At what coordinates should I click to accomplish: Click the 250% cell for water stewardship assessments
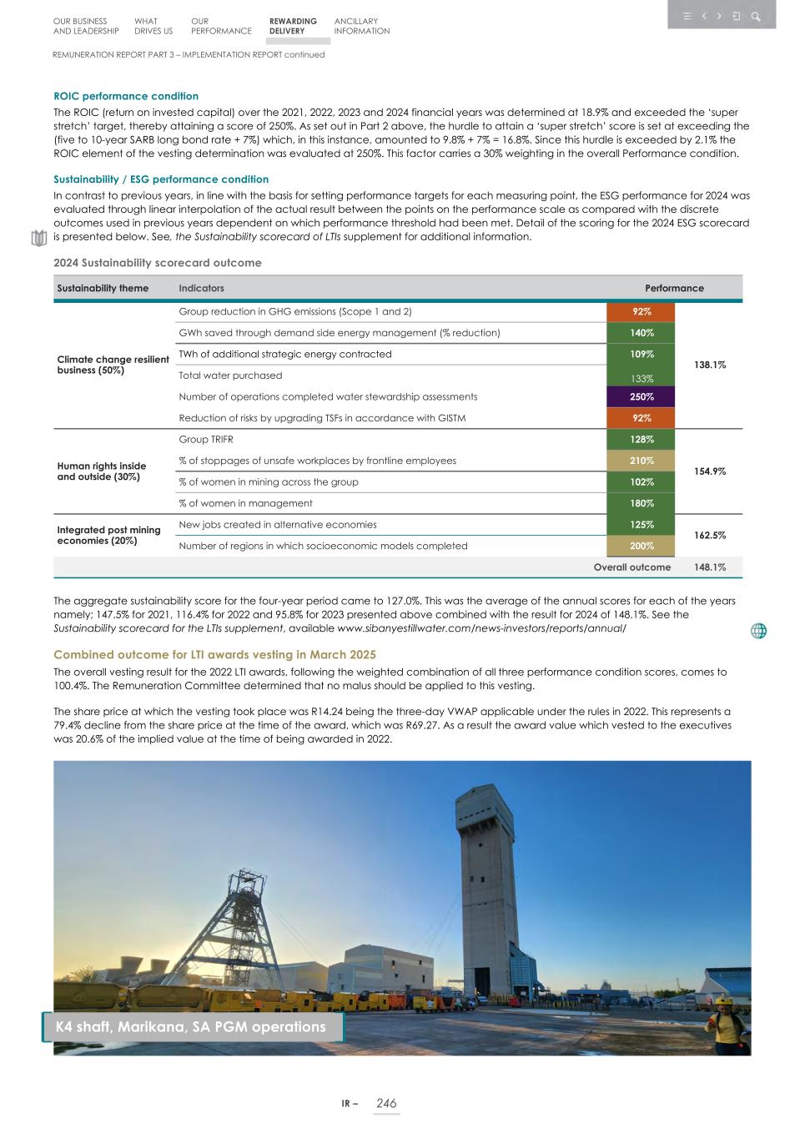click(641, 397)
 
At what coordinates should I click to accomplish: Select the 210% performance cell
click(641, 461)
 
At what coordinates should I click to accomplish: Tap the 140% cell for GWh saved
click(641, 333)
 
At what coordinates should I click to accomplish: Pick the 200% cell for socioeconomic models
click(641, 546)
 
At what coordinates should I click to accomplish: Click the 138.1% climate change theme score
click(709, 365)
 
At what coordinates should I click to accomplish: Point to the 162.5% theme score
click(709, 535)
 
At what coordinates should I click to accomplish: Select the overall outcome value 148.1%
click(709, 567)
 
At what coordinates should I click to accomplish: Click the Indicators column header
click(201, 288)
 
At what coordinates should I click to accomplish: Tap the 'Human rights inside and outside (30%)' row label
click(102, 471)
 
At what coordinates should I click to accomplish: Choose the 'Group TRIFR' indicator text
click(206, 440)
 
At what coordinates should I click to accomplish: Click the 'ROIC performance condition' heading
click(126, 96)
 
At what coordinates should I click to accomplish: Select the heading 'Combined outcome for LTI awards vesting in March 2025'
click(214, 655)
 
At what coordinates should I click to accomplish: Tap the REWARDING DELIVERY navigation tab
click(293, 26)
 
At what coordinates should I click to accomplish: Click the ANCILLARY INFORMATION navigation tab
click(361, 26)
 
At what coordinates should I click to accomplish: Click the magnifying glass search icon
click(756, 16)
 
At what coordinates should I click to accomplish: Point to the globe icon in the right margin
click(758, 631)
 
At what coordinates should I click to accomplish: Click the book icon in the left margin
click(38, 239)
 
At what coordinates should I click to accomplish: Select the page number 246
click(386, 1103)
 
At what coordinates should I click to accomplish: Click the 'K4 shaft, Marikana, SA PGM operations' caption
click(191, 1027)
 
